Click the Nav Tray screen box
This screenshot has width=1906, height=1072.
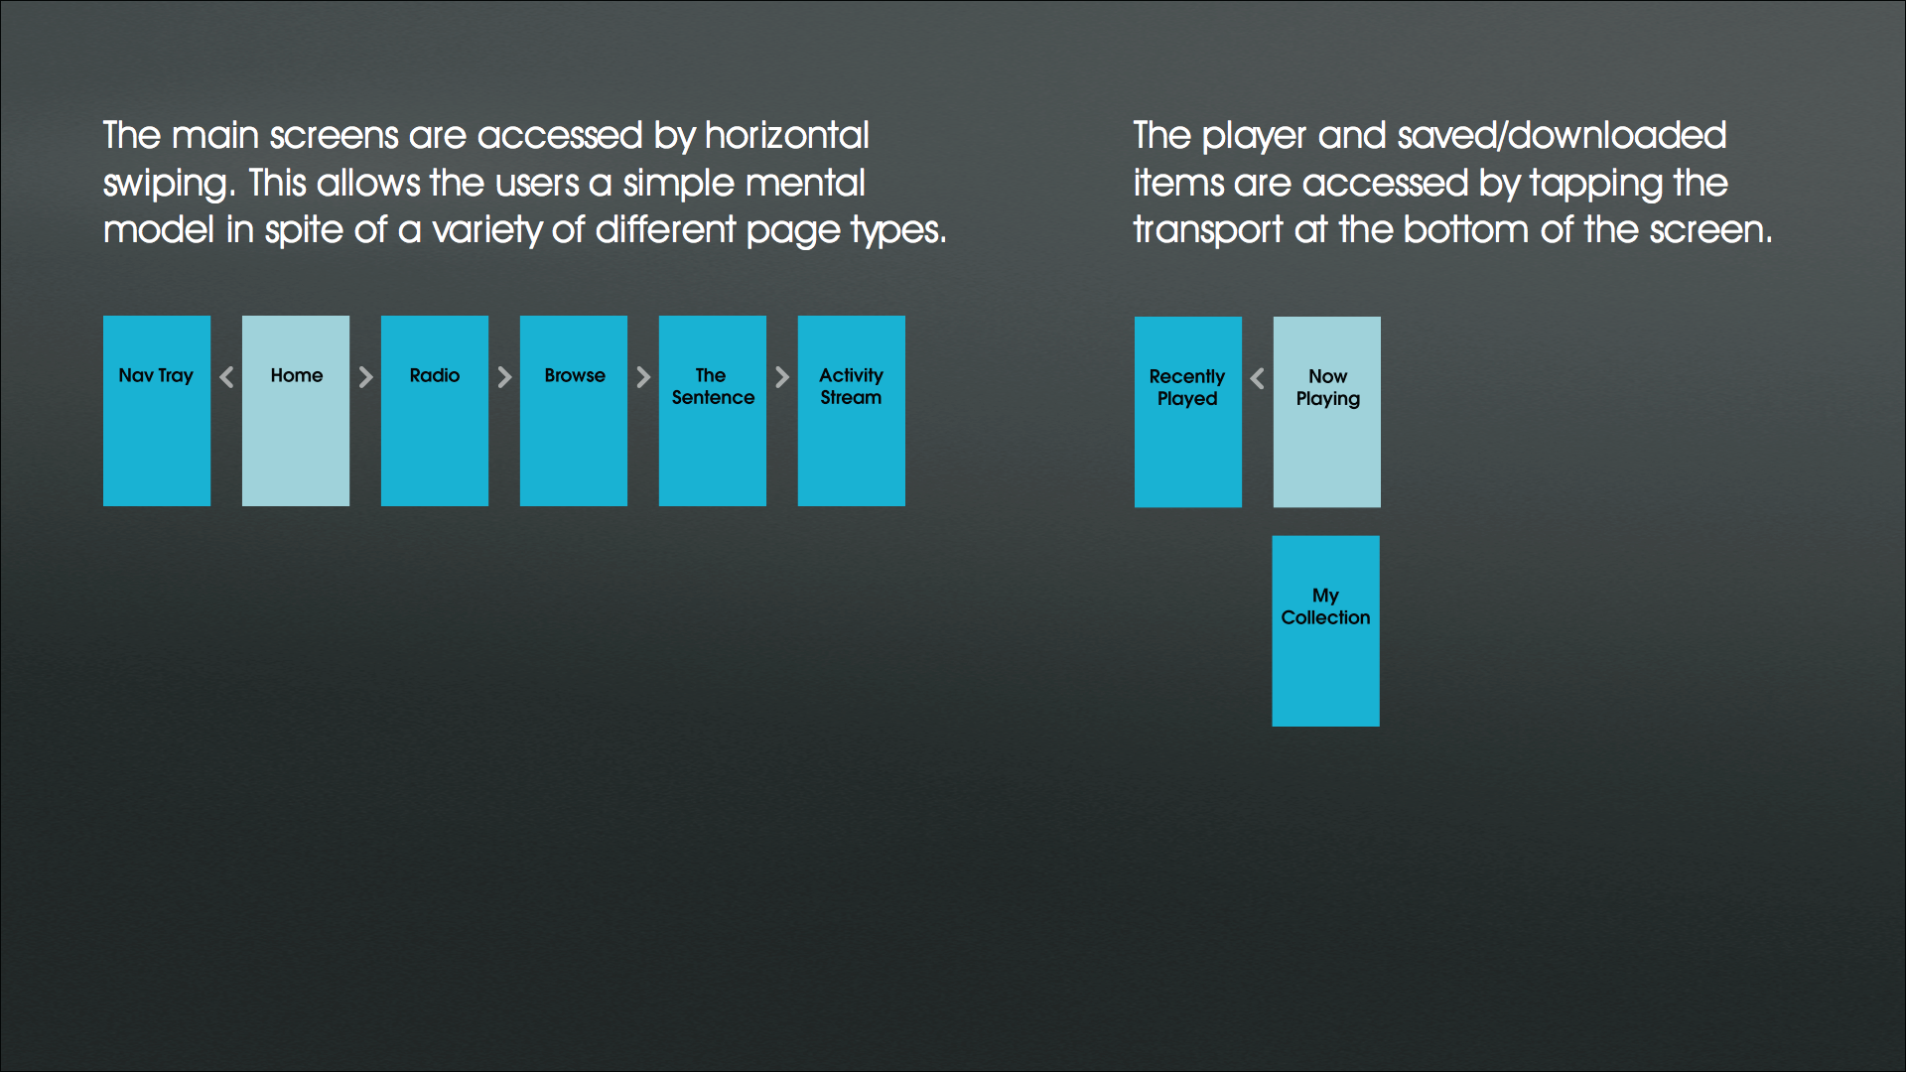pos(157,411)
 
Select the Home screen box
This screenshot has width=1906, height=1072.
pos(296,411)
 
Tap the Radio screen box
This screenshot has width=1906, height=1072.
pos(435,411)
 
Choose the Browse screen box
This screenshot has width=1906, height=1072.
pos(574,411)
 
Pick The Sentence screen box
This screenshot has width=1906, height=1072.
pos(713,411)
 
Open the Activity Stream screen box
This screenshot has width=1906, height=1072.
pos(852,411)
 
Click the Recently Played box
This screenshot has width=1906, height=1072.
pos(1188,412)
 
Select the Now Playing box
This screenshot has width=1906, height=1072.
pos(1327,412)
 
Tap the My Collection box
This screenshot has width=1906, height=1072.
pos(1326,631)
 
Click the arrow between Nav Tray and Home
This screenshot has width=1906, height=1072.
pos(226,377)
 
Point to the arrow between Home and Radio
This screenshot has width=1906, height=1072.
pos(365,377)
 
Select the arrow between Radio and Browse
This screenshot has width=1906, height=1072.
pos(504,377)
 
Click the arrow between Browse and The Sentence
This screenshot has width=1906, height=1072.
pos(643,377)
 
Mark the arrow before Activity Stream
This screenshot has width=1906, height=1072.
pos(782,377)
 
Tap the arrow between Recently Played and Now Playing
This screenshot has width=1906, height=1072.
pos(1258,378)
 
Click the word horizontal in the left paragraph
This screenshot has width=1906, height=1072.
pos(787,135)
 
